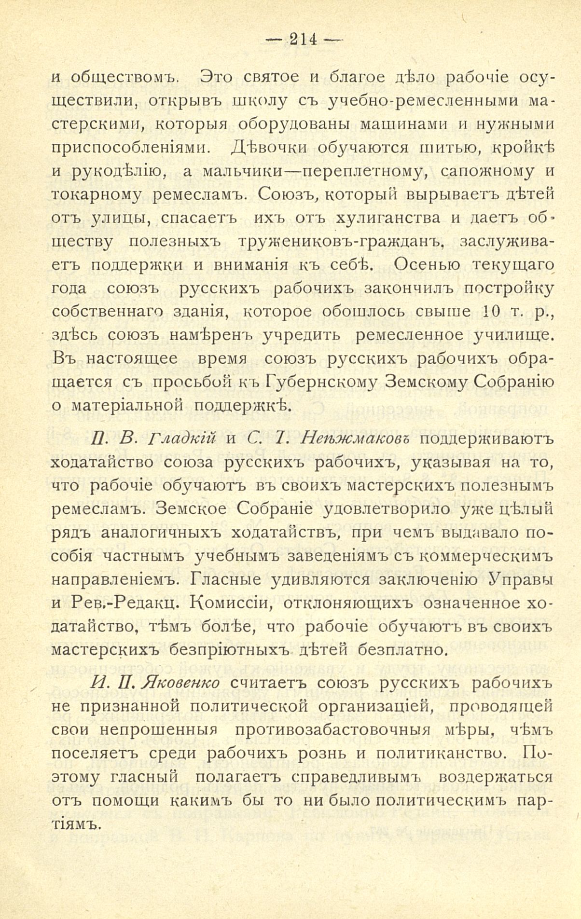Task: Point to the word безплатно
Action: point(413,650)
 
